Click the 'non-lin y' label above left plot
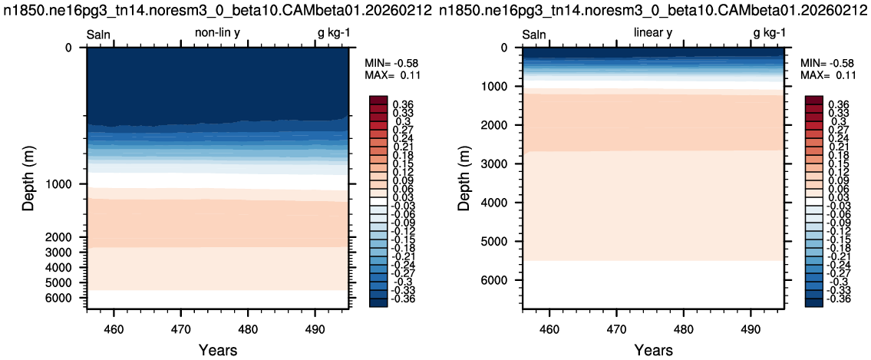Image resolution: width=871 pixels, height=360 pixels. point(217,34)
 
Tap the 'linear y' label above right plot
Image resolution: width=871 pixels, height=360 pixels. point(653,34)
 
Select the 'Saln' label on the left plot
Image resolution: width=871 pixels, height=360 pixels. point(99,35)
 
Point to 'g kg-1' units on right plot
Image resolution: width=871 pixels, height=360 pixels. point(770,34)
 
